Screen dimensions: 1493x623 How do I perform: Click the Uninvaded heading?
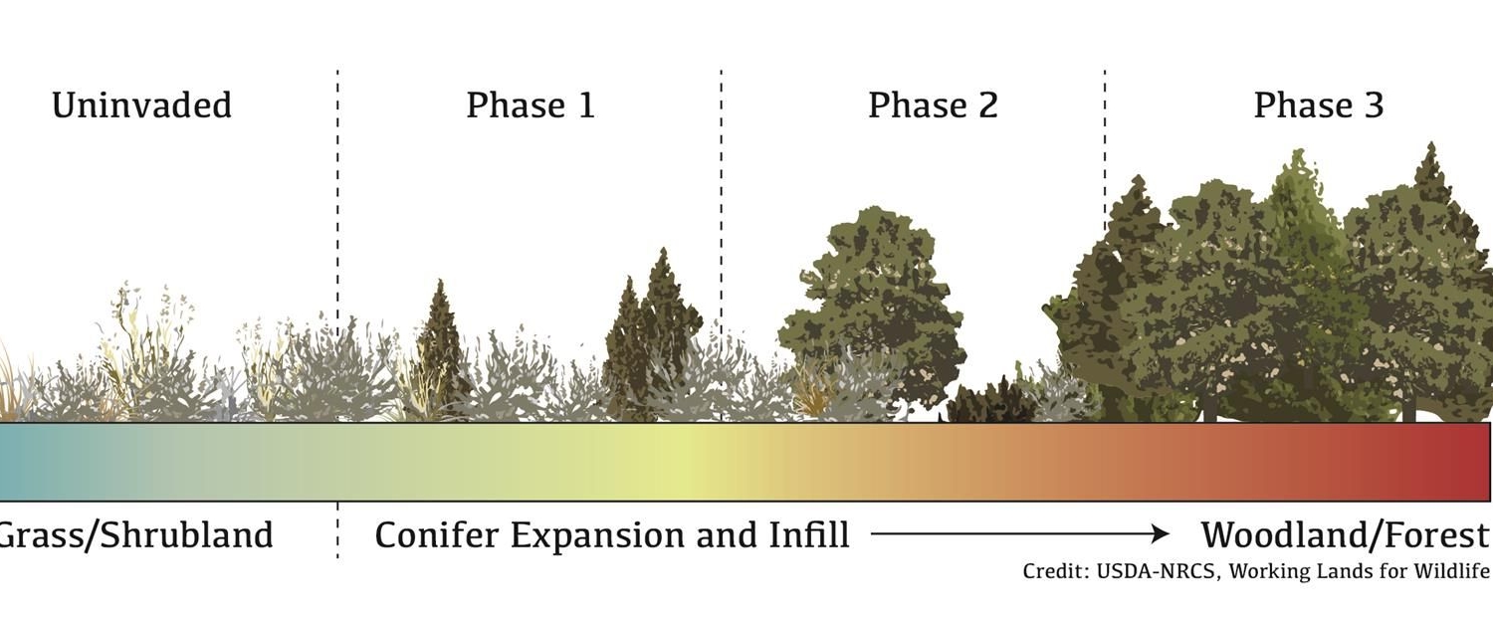pos(142,105)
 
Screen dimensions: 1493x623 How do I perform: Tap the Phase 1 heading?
pos(531,105)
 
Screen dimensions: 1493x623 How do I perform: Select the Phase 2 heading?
pos(934,105)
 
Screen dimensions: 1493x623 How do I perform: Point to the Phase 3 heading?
pos(1319,105)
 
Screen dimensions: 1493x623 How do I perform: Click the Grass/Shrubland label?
pos(135,535)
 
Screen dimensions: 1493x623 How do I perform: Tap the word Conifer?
pos(437,534)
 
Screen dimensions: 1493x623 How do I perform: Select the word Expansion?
pos(602,536)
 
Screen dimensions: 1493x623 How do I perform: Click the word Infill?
pos(809,534)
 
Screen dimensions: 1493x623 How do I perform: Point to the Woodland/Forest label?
pos(1346,535)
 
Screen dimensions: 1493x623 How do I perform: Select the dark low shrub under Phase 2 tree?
pos(989,401)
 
